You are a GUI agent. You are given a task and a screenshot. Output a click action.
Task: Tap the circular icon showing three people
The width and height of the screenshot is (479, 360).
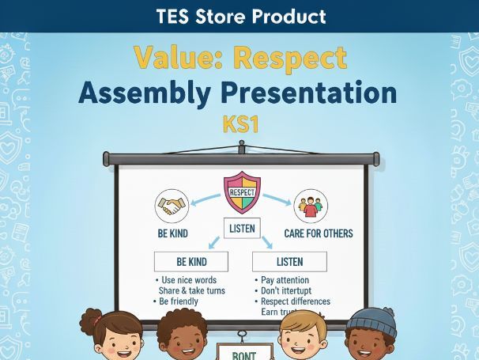[x=310, y=206]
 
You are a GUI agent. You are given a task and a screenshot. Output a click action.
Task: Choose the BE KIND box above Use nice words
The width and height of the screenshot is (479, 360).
[x=190, y=261]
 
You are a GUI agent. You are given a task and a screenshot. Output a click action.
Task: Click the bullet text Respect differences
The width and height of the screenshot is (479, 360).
[x=294, y=301]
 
